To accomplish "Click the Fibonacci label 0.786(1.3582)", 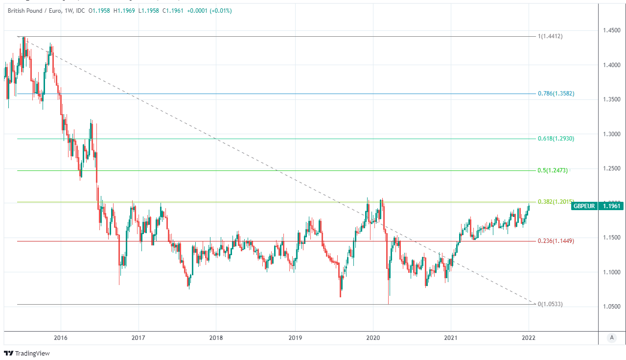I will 556,94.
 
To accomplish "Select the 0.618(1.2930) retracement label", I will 556,139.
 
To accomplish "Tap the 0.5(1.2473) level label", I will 553,170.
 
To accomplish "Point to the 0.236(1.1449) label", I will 556,241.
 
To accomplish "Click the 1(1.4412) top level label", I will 550,36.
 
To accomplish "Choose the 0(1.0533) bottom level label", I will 550,304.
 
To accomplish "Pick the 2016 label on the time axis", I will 61,338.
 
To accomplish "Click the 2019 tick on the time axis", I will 295,338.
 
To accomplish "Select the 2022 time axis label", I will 529,338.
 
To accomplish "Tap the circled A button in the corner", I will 611,337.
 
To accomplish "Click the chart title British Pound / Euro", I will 34,11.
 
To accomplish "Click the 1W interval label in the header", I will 68,11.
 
